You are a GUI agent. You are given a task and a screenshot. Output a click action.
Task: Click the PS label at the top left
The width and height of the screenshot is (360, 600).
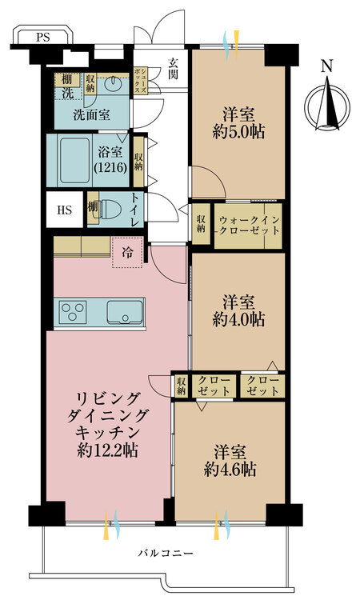pos(43,38)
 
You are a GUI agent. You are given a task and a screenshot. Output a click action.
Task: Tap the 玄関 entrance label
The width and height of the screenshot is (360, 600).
pos(174,69)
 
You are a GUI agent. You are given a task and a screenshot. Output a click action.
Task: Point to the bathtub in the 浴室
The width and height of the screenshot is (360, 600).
pos(75,160)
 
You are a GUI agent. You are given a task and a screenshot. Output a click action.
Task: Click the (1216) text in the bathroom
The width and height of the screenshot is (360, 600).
pos(110,167)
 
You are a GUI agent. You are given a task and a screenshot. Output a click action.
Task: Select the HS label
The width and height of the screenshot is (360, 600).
pos(64,210)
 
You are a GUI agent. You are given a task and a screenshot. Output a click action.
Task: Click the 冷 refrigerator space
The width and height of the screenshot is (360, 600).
pos(127,253)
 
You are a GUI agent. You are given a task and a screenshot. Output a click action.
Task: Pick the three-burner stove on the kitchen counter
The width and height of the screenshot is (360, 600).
pos(73,311)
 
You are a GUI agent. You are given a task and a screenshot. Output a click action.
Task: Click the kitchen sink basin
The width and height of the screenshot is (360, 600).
pos(124,312)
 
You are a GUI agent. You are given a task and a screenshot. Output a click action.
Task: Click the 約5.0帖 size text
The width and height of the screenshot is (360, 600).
pos(238,132)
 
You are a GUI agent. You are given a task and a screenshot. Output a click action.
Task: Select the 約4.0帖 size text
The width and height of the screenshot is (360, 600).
pos(238,320)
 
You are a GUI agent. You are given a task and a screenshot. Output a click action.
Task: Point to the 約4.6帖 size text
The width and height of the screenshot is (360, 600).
pos(230,469)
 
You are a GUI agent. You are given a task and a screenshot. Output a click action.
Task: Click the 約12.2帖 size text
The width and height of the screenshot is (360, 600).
pos(107,450)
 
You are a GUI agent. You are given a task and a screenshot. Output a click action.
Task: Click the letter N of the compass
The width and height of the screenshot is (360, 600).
pos(326,66)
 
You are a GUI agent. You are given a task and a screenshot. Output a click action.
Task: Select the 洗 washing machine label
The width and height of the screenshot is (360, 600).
pos(68,93)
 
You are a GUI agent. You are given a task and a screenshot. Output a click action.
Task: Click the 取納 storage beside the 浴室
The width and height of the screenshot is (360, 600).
pos(138,161)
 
